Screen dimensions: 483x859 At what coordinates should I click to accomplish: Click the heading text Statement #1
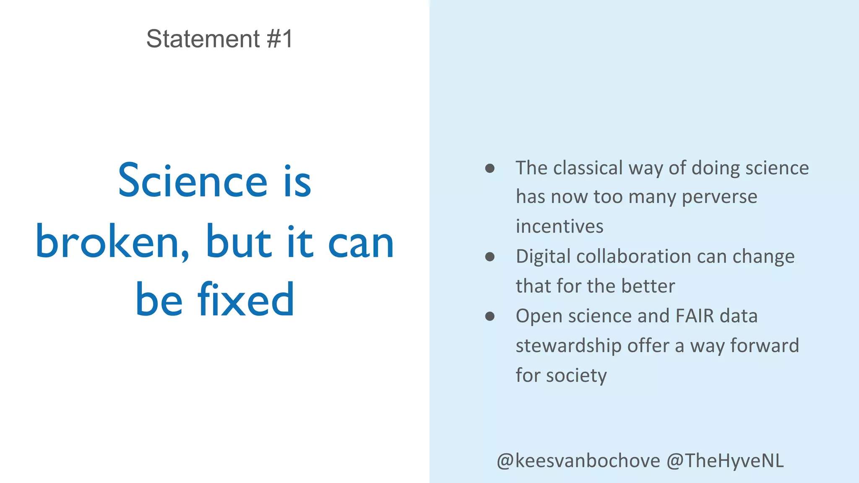(x=219, y=39)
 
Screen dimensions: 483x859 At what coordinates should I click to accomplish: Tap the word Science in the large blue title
(x=193, y=181)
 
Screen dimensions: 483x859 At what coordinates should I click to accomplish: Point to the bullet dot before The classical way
(x=489, y=169)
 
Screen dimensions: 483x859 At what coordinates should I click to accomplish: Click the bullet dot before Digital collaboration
(x=489, y=257)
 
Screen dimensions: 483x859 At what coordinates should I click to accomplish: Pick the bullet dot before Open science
(x=489, y=316)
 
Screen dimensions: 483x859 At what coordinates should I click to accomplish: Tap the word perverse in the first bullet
(x=719, y=197)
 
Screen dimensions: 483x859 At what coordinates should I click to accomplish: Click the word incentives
(x=560, y=226)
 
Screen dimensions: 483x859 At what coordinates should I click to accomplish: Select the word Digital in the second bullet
(x=543, y=257)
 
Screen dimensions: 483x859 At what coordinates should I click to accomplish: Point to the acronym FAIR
(x=695, y=316)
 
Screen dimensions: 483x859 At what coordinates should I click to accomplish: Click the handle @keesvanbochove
(x=578, y=461)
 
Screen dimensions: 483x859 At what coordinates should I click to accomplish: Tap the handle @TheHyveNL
(x=725, y=461)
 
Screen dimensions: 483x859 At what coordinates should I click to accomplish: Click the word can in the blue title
(x=361, y=243)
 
